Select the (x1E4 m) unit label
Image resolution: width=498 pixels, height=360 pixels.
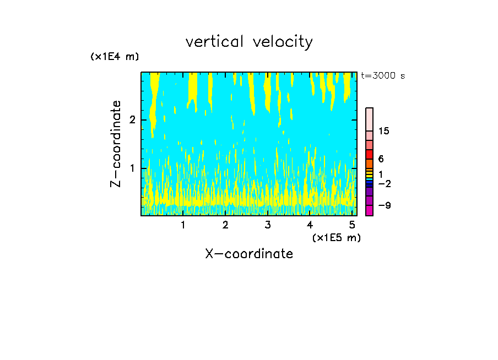click(x=115, y=57)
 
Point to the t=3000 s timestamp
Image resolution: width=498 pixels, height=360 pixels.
click(x=383, y=76)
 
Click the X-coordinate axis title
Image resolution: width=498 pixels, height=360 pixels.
click(x=249, y=254)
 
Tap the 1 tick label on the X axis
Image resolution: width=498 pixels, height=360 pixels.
click(x=183, y=225)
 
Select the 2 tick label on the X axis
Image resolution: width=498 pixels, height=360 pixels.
click(x=225, y=225)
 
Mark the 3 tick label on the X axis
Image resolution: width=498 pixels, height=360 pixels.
click(x=268, y=225)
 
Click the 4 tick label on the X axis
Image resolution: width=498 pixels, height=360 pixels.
click(x=310, y=225)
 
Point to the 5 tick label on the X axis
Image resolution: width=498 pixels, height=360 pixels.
click(x=352, y=225)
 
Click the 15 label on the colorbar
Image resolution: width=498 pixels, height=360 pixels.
click(x=384, y=132)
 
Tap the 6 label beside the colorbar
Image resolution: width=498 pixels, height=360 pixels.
click(x=381, y=159)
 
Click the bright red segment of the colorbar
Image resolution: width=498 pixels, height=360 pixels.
click(x=369, y=154)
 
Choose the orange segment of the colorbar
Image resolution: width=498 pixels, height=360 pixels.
click(x=369, y=163)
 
